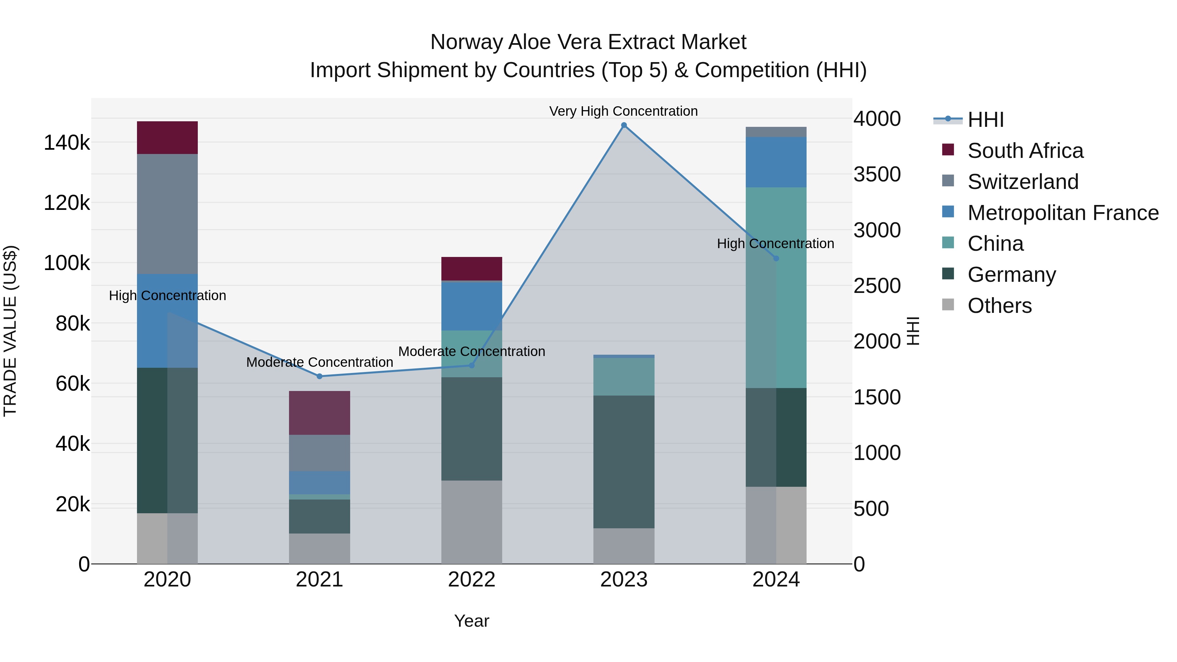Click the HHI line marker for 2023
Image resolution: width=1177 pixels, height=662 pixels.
click(x=624, y=125)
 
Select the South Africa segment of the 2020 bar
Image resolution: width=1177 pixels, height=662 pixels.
click(x=167, y=138)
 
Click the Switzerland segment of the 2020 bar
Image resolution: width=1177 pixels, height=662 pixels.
click(x=167, y=214)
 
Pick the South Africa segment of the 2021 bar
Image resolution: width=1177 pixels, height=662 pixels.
click(x=319, y=413)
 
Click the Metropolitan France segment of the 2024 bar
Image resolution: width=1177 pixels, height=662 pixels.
click(x=776, y=162)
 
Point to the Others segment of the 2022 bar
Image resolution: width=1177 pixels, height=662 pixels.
click(x=471, y=522)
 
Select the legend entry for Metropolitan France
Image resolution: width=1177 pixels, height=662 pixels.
click(x=1063, y=213)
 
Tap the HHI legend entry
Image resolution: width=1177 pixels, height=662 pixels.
click(x=985, y=120)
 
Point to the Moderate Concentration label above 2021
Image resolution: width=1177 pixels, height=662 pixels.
click(x=319, y=362)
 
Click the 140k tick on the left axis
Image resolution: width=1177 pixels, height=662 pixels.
click(x=67, y=143)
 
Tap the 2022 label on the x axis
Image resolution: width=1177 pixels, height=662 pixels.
click(x=471, y=580)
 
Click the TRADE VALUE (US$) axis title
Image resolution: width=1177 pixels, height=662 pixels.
click(x=10, y=331)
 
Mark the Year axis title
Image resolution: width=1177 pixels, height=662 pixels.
click(x=471, y=621)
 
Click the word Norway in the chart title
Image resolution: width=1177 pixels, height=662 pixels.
click(x=467, y=42)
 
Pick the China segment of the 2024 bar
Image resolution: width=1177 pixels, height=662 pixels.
click(x=776, y=287)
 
